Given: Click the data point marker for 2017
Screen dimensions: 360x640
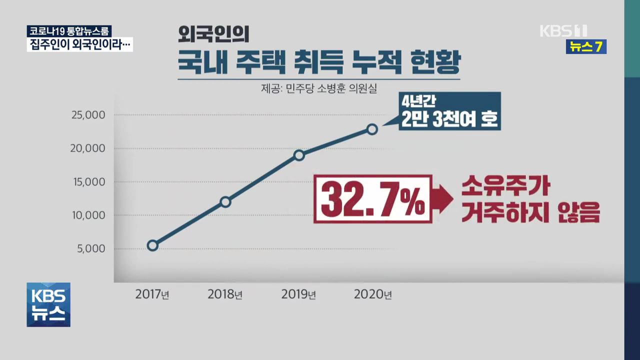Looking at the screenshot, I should [x=152, y=245].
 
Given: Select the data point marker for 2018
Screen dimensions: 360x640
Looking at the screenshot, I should [x=225, y=202].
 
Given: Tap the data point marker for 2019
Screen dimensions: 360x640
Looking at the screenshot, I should [x=299, y=155].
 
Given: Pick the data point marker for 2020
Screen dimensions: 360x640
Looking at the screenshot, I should [x=372, y=129].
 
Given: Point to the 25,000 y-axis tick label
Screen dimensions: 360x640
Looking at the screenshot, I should [x=88, y=115].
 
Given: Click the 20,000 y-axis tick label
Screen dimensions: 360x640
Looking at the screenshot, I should [x=88, y=148].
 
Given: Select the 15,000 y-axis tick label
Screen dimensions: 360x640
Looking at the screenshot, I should [x=88, y=182].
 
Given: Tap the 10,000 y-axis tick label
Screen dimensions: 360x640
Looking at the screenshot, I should [x=88, y=215].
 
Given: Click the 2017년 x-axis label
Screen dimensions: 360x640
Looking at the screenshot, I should [x=152, y=294].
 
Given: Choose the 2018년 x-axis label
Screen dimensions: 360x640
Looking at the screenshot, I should [x=225, y=294].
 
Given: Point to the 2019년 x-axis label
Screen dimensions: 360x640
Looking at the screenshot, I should [x=298, y=294].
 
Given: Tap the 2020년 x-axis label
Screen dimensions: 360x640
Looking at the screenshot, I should [x=372, y=294].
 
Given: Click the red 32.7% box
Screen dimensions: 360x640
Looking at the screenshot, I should [x=372, y=198].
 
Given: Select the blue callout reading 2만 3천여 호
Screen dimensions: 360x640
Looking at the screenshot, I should [x=449, y=111].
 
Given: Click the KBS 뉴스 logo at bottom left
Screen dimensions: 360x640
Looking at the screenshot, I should [x=48, y=304].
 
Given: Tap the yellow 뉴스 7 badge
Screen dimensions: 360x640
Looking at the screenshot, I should [x=586, y=47].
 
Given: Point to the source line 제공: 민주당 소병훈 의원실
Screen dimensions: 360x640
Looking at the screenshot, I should [x=318, y=89].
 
